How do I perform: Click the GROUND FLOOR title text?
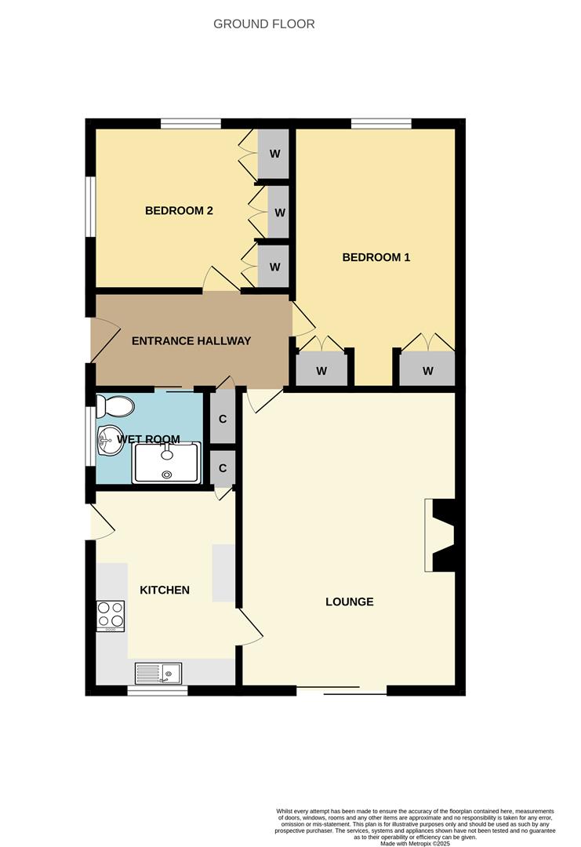pyautogui.click(x=264, y=24)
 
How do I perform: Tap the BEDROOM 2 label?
pyautogui.click(x=180, y=210)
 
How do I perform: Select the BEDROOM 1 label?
pyautogui.click(x=376, y=257)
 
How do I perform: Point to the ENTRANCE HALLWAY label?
pyautogui.click(x=191, y=340)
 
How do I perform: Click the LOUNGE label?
pyautogui.click(x=350, y=602)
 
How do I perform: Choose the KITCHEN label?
pyautogui.click(x=165, y=590)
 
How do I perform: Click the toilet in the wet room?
pyautogui.click(x=114, y=407)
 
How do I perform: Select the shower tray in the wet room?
pyautogui.click(x=167, y=462)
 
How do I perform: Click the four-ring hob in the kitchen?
pyautogui.click(x=111, y=616)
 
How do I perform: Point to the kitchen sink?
pyautogui.click(x=158, y=673)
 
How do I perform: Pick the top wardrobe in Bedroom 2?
pyautogui.click(x=274, y=153)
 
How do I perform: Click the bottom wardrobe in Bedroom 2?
pyautogui.click(x=274, y=267)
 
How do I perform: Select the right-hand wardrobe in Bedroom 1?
pyautogui.click(x=427, y=370)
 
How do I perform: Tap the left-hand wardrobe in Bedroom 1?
pyautogui.click(x=321, y=370)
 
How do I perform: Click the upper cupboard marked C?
pyautogui.click(x=223, y=419)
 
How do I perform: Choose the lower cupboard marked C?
pyautogui.click(x=223, y=468)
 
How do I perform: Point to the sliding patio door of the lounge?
pyautogui.click(x=342, y=691)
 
